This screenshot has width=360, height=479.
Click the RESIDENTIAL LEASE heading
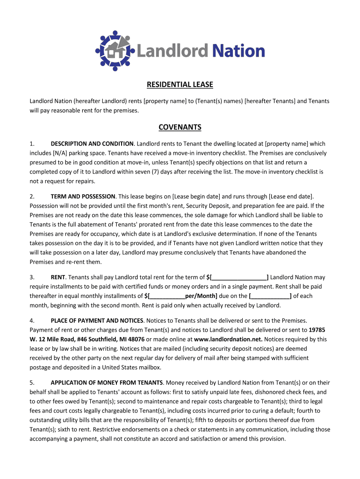pos(180,85)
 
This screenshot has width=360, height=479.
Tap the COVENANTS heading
pos(180,127)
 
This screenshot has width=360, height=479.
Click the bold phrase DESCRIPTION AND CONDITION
pos(93,144)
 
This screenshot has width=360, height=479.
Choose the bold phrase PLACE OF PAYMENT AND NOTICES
pos(97,320)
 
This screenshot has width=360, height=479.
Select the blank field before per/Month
pos(166,296)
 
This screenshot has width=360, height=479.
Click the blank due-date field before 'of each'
pos(271,296)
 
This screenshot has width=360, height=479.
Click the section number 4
pos(32,320)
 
